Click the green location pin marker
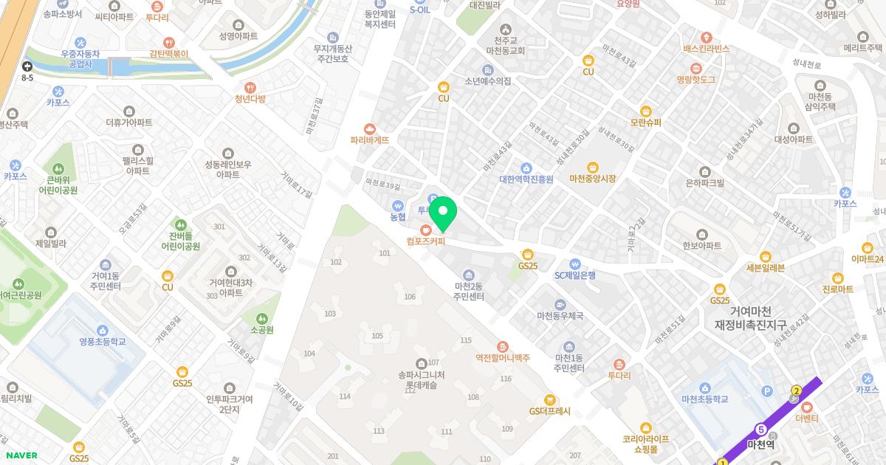coord(443,213)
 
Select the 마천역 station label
coord(760,444)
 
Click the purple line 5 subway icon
coord(760,430)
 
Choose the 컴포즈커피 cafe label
coord(425,241)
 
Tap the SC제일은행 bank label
coord(575,275)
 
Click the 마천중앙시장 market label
coord(592,179)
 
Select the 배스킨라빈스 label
coord(706,49)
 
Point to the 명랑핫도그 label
coord(696,79)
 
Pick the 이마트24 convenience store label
coord(867,258)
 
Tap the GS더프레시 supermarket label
coord(549,411)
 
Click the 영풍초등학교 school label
coord(103,342)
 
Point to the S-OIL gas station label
coord(419,10)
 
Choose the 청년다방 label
coord(250,99)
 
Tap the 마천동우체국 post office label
coord(560,315)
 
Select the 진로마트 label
coord(837,289)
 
